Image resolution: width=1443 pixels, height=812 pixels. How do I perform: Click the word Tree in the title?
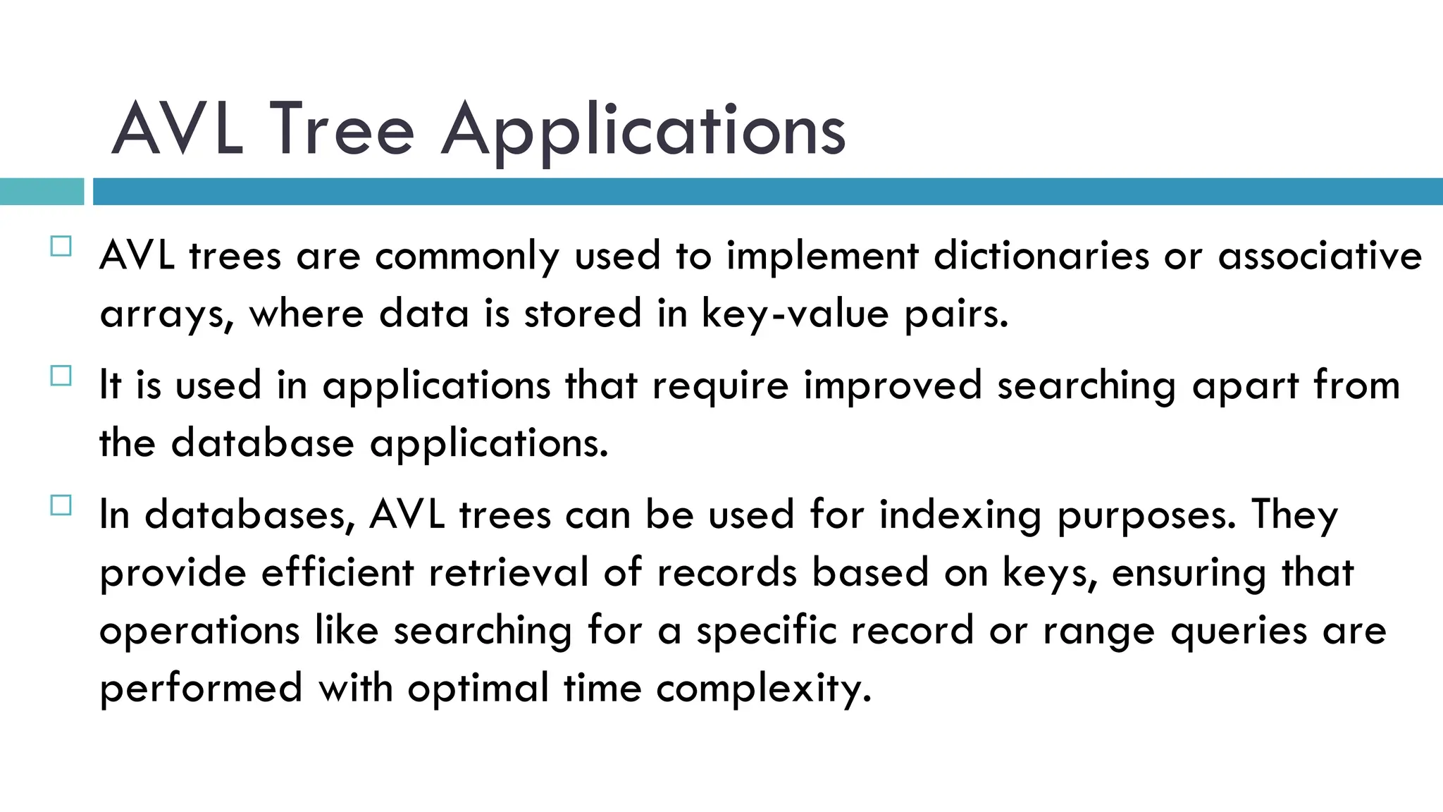(x=342, y=130)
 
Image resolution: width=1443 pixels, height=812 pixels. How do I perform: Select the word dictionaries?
(x=1041, y=255)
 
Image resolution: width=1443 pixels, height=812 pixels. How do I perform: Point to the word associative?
(x=1320, y=255)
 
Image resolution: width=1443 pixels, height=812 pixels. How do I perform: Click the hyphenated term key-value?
(x=795, y=314)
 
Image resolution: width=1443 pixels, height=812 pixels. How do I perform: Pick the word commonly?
(x=467, y=257)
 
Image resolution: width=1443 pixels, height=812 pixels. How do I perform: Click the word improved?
(x=893, y=386)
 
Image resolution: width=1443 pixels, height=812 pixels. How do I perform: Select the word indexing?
(x=960, y=516)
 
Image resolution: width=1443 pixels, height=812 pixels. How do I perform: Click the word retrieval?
(x=508, y=572)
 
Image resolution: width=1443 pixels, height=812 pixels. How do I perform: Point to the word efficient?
(x=337, y=572)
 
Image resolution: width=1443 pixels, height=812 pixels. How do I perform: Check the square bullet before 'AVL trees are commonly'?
(x=61, y=247)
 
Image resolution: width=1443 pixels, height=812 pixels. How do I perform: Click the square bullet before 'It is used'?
(x=61, y=376)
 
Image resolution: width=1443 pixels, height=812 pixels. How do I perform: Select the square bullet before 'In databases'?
(x=61, y=505)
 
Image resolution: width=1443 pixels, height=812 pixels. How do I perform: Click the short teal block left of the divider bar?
(x=42, y=192)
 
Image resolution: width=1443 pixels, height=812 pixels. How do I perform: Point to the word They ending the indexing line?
(x=1294, y=516)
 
